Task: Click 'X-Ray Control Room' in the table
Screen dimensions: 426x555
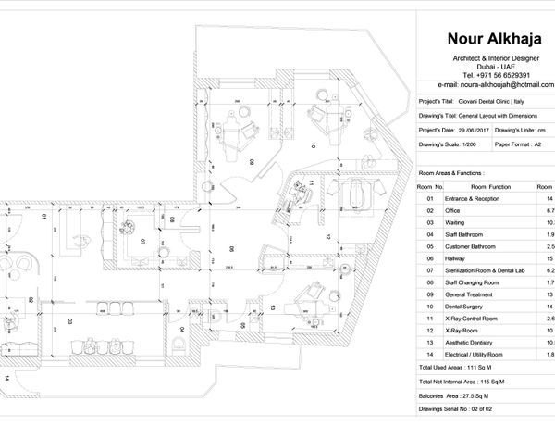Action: point(477,318)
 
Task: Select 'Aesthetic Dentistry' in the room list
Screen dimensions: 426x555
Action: point(475,342)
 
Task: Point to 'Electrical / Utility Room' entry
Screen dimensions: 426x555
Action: point(483,355)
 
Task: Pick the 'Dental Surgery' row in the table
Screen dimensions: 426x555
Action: point(470,306)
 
